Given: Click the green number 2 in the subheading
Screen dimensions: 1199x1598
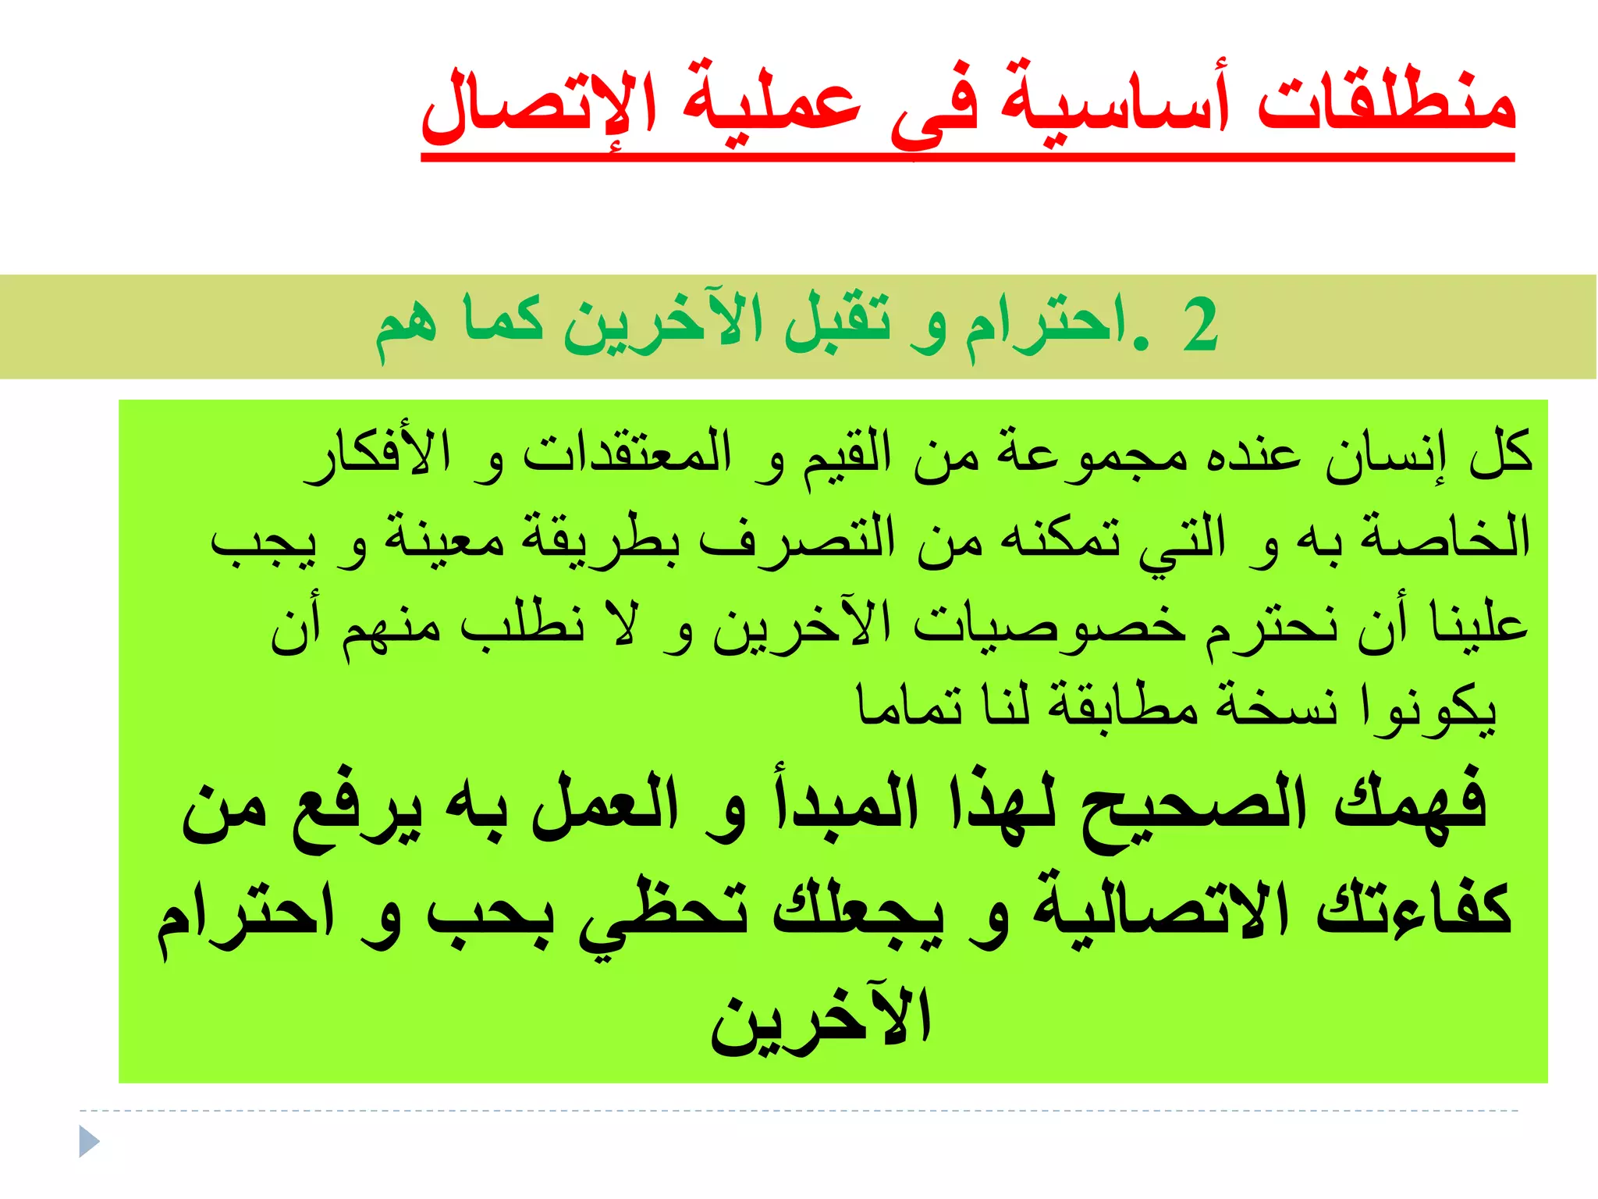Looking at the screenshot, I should (1199, 326).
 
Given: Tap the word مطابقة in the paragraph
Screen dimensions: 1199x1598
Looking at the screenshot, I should (1123, 706).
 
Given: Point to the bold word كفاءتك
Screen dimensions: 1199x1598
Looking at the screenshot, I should (1413, 909).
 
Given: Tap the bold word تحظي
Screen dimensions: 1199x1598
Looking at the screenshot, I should (664, 913).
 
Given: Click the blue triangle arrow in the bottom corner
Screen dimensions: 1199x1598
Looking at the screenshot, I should (89, 1142).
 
